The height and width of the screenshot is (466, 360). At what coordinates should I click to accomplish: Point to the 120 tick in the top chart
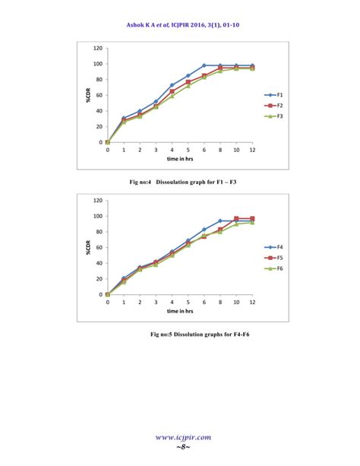click(x=98, y=47)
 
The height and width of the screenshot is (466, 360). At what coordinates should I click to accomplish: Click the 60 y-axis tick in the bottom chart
click(x=99, y=247)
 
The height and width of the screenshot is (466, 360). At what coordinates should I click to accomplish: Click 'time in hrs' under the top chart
click(x=180, y=160)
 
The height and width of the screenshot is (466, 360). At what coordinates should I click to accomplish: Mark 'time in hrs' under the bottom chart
click(x=180, y=312)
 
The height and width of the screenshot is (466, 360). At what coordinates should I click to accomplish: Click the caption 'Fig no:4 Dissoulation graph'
click(x=179, y=182)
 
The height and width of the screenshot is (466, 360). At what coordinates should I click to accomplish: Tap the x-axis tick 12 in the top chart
click(x=252, y=150)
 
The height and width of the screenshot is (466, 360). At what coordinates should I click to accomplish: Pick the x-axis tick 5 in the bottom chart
click(x=188, y=302)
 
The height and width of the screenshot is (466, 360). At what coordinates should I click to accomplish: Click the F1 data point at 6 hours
click(x=204, y=65)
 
